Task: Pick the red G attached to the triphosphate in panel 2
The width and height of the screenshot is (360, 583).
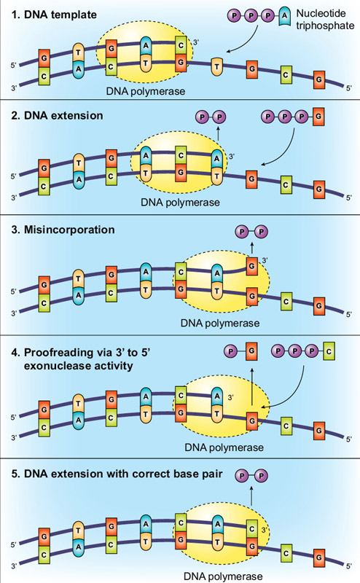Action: point(318,116)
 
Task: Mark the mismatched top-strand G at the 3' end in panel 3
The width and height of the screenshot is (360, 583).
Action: point(251,267)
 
